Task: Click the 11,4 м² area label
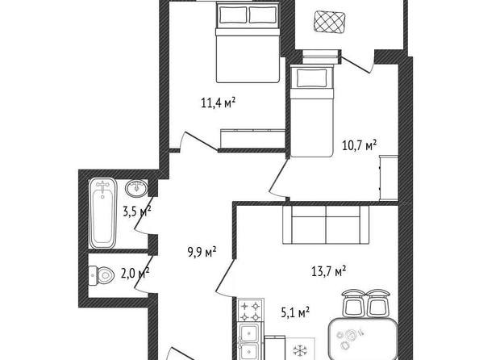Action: (218, 103)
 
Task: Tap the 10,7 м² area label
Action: (360, 145)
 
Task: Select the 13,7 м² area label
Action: (329, 270)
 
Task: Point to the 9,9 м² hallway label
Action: (202, 253)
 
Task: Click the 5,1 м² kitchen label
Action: (295, 312)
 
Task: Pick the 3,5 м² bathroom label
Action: (137, 211)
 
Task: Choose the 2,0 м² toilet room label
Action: (135, 273)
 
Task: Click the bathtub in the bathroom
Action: (102, 213)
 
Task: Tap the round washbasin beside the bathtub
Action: (136, 187)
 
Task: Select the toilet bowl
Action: (102, 275)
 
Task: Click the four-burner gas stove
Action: (251, 311)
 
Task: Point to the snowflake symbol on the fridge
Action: (300, 351)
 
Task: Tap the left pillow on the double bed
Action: (233, 15)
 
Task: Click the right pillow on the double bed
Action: (263, 15)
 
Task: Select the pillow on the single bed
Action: (312, 77)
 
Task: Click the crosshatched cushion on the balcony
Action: (330, 23)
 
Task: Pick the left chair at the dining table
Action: (353, 303)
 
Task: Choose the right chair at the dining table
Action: (378, 303)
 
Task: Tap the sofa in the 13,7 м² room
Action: (326, 225)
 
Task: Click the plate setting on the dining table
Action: (348, 337)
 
